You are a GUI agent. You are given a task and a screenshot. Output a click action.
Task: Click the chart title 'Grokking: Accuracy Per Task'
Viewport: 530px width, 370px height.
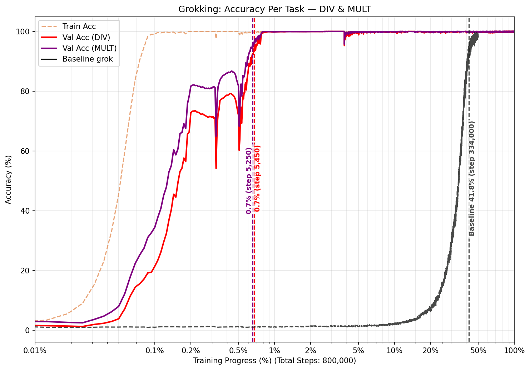[274, 9]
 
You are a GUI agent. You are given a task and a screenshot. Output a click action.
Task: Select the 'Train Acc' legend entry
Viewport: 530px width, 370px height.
[79, 26]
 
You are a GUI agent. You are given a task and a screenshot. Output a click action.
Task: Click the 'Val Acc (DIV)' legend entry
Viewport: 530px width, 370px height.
[86, 37]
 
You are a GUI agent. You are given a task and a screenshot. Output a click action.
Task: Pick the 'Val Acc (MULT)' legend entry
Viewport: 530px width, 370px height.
[89, 48]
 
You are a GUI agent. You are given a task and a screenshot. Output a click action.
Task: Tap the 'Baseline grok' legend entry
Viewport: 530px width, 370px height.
[88, 59]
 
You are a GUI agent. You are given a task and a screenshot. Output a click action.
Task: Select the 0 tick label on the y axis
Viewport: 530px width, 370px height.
[29, 330]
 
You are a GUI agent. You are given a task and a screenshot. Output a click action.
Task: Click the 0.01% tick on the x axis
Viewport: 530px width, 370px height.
[35, 351]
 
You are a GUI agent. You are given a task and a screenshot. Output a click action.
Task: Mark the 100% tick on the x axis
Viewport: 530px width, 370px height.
[514, 351]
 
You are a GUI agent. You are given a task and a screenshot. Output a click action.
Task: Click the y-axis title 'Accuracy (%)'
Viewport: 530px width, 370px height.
[9, 180]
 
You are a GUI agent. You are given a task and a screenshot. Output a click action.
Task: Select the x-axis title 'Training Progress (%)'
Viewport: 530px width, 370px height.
[274, 361]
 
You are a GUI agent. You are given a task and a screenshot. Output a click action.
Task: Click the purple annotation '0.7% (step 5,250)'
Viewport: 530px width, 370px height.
[249, 181]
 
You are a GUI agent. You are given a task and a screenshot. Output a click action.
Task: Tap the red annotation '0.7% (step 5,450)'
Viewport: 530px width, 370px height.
[257, 178]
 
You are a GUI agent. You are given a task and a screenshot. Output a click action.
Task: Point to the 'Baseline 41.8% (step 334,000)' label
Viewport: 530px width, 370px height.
[472, 179]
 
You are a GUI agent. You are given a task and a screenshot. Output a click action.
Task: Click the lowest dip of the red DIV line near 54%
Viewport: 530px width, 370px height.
[216, 168]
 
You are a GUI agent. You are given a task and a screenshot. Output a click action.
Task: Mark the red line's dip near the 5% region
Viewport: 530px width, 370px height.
[344, 45]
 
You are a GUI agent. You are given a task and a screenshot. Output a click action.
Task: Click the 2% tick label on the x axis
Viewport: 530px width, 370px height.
[311, 351]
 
